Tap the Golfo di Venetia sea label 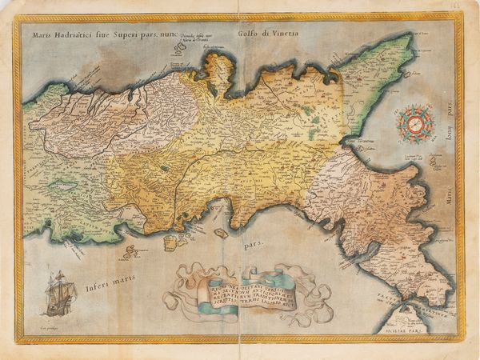point(267,33)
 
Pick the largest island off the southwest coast point(171,241)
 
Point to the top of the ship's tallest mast point(58,272)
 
